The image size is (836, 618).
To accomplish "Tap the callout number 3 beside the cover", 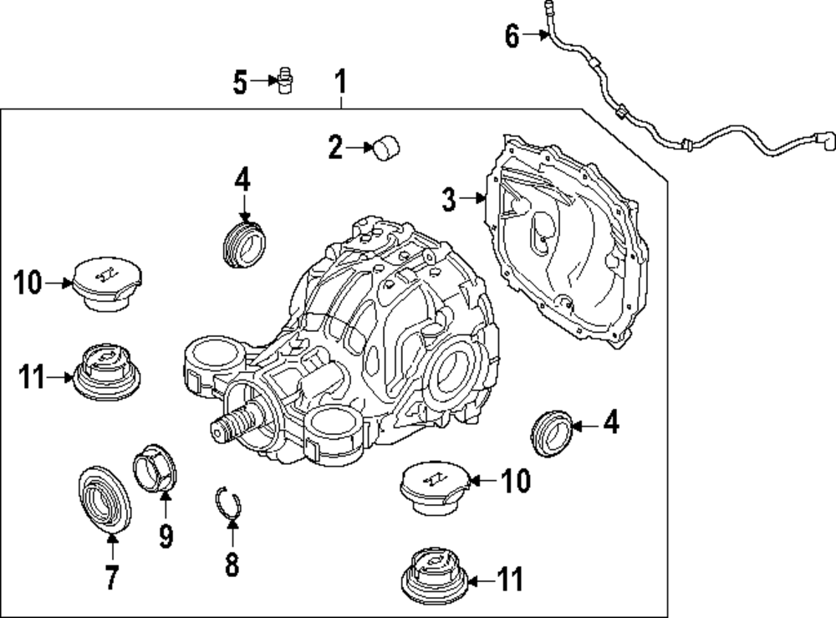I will tap(449, 199).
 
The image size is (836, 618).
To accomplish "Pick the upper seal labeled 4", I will tap(246, 239).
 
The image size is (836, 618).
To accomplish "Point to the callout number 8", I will tap(232, 564).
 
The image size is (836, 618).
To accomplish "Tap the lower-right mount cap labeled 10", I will tap(435, 484).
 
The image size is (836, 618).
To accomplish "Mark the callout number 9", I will tap(166, 535).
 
